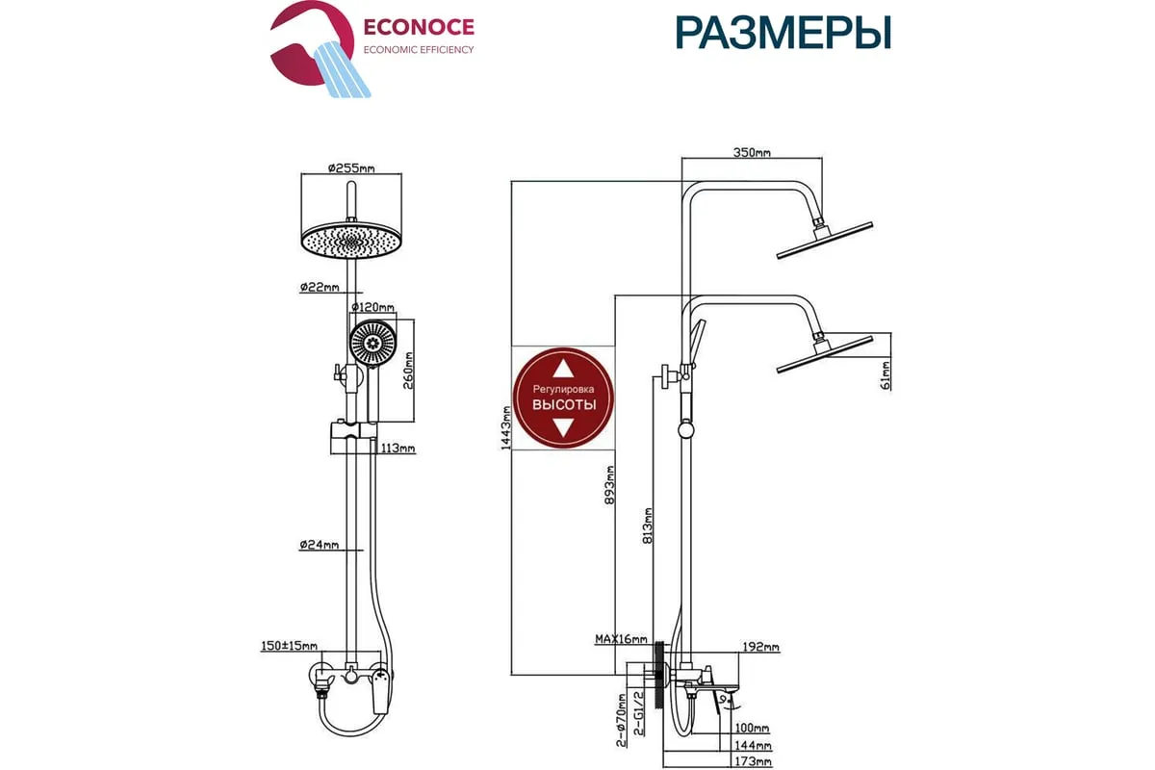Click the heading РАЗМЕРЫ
pyautogui.click(x=783, y=33)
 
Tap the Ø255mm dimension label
pyautogui.click(x=350, y=167)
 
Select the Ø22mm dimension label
pyautogui.click(x=320, y=287)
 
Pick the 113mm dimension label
pyautogui.click(x=397, y=449)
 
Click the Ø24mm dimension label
pyautogui.click(x=320, y=546)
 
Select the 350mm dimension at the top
pyautogui.click(x=752, y=152)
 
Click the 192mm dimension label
pyautogui.click(x=760, y=648)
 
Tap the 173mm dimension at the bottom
pyautogui.click(x=752, y=761)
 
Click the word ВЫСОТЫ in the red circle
pyautogui.click(x=564, y=404)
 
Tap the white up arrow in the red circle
pyautogui.click(x=564, y=368)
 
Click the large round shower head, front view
pyautogui.click(x=350, y=241)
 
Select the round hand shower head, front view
pyautogui.click(x=372, y=342)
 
